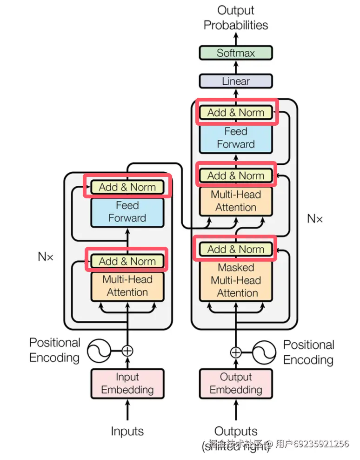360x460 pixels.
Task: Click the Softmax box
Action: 235,53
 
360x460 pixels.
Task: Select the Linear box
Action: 235,81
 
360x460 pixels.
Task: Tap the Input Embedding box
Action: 127,384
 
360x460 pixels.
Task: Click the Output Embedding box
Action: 235,384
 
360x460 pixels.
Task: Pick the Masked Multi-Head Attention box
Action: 236,280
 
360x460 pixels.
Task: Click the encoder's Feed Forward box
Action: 127,212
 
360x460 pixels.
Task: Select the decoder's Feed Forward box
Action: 236,138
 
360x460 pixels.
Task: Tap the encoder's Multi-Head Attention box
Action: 127,286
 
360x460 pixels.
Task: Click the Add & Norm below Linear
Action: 236,112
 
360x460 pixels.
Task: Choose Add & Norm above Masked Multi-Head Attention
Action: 236,249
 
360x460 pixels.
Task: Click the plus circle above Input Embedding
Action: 127,351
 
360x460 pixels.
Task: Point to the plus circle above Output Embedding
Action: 236,352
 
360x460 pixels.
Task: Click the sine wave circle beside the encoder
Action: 99,350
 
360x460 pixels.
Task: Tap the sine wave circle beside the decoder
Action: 264,352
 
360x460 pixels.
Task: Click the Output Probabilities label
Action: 236,18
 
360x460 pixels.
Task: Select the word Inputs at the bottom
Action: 127,431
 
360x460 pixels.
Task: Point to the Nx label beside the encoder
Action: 46,257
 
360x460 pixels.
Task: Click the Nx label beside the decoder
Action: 315,218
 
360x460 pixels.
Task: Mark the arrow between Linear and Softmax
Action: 236,67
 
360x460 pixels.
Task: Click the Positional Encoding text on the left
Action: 54,350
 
